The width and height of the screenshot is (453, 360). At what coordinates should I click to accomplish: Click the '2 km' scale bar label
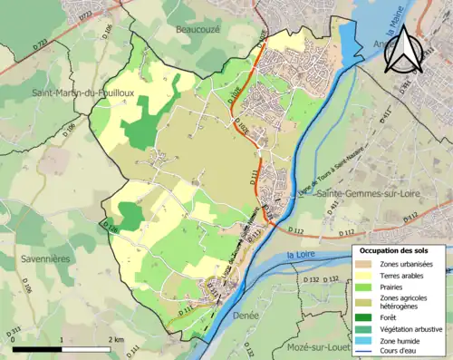116,338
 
